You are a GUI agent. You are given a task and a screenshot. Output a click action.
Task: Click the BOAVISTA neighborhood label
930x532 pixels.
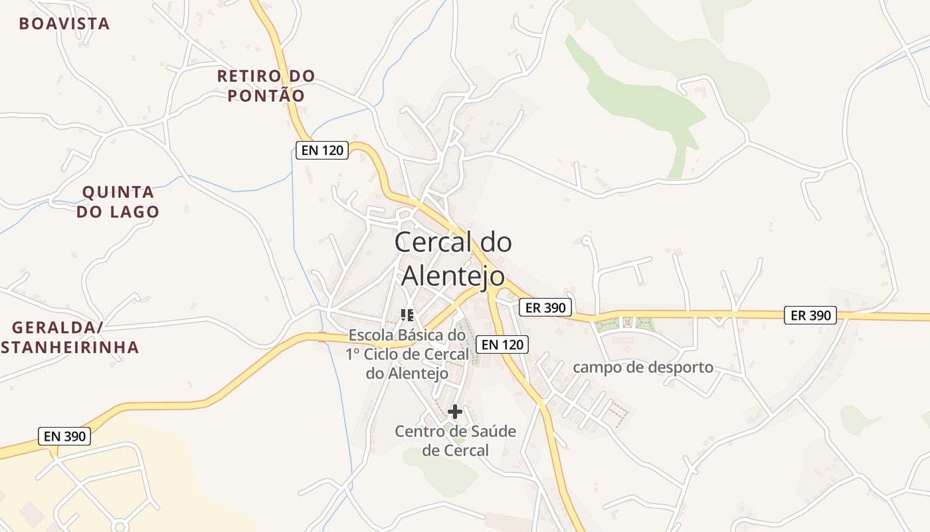coord(64,24)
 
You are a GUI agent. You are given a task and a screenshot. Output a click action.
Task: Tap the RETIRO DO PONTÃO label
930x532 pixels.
coord(266,86)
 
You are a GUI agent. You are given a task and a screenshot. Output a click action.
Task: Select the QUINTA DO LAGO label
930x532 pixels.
coord(118,202)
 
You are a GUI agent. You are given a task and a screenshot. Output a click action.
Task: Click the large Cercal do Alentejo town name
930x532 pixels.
coord(453,259)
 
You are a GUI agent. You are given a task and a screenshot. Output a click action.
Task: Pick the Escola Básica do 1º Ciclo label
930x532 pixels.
coord(407,354)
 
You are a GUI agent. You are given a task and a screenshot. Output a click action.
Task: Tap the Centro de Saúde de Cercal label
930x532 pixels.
coord(455,441)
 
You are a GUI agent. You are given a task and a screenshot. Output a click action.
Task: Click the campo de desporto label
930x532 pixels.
coord(642,367)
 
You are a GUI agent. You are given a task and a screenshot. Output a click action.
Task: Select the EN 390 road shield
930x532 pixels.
coord(64,436)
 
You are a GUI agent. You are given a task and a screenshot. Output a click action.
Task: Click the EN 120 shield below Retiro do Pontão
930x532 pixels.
coord(322,150)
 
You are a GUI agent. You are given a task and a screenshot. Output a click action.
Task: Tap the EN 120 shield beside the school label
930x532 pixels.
coord(503,344)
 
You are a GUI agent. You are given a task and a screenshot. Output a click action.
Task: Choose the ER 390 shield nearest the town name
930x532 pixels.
coord(545,307)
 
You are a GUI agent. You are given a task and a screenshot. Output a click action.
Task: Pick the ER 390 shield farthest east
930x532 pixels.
coord(810,315)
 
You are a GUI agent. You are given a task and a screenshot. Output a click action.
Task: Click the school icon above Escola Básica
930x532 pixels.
coord(407,315)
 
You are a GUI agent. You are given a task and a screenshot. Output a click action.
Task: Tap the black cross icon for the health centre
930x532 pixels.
coord(455,412)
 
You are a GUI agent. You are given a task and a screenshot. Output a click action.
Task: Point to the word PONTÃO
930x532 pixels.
coord(266,96)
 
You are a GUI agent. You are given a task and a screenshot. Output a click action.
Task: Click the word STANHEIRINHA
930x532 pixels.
coord(69,347)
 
